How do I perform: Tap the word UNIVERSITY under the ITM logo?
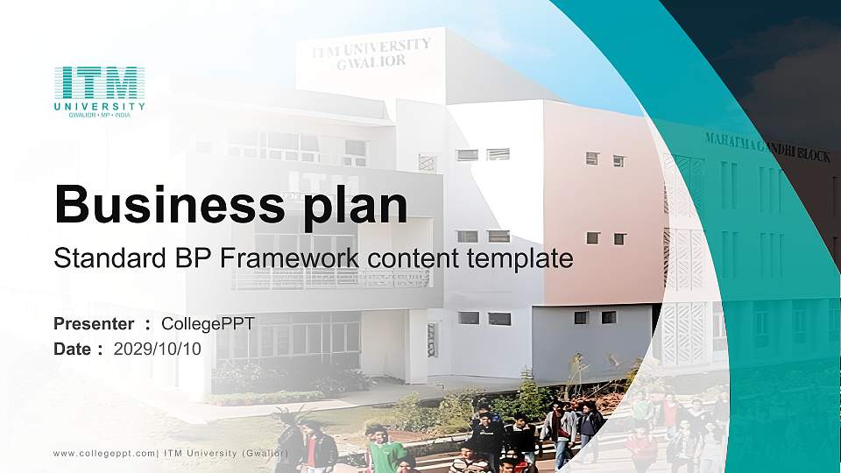pos(99,107)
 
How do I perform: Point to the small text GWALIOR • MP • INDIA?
pos(99,116)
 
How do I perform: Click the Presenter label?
pos(94,324)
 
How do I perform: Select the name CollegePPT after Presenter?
pos(208,324)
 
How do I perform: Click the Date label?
pos(73,349)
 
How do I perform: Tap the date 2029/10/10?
pos(158,349)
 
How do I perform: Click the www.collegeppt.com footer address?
pos(104,452)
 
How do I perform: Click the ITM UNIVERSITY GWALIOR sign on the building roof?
pos(371,53)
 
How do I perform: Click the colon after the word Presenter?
pos(148,325)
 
